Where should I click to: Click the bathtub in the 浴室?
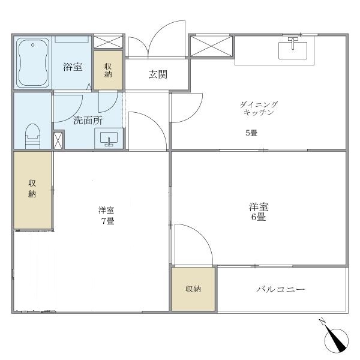33,62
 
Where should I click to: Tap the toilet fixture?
32,136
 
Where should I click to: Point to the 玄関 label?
158,74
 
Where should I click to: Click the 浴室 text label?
73,67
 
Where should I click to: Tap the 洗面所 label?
88,121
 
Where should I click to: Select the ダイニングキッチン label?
259,109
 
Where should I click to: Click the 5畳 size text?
251,133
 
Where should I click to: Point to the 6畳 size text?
259,217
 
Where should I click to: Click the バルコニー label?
281,289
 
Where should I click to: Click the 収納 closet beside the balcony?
193,289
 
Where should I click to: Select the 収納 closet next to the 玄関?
108,70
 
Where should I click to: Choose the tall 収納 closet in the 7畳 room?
32,190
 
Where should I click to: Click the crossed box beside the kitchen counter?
211,46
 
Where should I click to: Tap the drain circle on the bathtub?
33,45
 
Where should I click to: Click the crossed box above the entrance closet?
108,41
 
